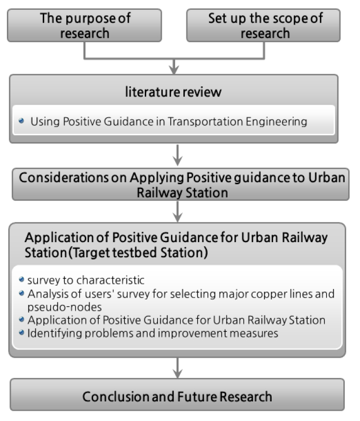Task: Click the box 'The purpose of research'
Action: [84, 25]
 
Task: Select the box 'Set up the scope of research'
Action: [263, 25]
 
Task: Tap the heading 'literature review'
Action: [173, 92]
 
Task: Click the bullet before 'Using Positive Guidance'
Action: [21, 121]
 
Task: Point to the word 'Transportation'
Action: [205, 122]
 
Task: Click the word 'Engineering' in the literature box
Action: [277, 122]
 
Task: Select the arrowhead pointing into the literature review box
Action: [174, 70]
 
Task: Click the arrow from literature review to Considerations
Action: [178, 155]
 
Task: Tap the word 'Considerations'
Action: [64, 177]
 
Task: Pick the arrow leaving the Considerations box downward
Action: [178, 212]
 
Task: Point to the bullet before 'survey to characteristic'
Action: [22, 280]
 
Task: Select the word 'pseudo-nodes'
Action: [64, 307]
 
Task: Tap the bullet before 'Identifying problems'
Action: [22, 333]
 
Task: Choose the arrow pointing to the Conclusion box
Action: [178, 368]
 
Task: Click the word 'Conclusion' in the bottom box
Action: [116, 396]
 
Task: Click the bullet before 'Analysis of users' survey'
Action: [22, 293]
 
